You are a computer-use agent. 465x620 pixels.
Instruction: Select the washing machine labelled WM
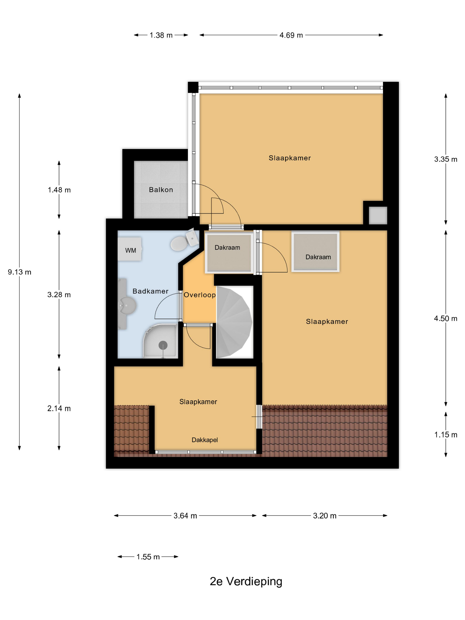point(130,249)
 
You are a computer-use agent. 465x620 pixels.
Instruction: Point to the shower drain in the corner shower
point(163,345)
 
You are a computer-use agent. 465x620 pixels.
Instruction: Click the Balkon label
point(161,190)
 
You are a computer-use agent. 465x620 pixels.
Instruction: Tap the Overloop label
point(200,295)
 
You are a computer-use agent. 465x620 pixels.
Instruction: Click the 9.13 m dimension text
point(19,272)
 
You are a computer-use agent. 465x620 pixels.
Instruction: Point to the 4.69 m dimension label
point(291,35)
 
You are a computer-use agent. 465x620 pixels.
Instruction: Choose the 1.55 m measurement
point(148,557)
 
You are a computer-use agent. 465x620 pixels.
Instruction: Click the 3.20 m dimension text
point(325,516)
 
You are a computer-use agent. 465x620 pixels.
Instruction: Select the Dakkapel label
point(205,440)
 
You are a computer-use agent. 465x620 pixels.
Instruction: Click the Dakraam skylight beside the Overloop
point(229,252)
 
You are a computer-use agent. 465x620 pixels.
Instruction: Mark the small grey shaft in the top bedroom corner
point(378,215)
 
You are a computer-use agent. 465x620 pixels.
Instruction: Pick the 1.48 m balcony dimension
point(59,190)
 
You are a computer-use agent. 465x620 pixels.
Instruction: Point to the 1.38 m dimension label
point(161,35)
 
